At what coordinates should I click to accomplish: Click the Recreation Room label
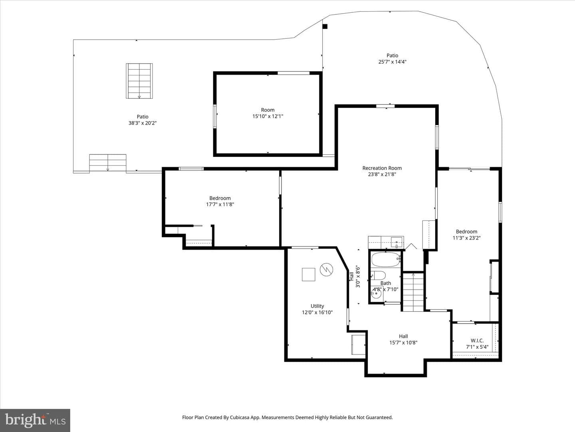click(382, 168)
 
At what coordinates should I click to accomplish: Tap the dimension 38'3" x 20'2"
click(143, 123)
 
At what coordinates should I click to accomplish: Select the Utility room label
click(317, 306)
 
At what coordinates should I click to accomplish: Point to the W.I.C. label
click(477, 341)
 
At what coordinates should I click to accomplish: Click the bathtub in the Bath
click(386, 260)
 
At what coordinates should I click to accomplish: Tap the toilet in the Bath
click(379, 276)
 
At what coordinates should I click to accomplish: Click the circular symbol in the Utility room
click(326, 269)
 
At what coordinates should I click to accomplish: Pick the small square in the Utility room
click(308, 274)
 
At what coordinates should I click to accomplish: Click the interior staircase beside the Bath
click(413, 292)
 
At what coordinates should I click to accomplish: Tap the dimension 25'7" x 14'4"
click(393, 62)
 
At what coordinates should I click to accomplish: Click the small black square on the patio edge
click(325, 26)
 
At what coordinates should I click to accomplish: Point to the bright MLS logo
click(35, 420)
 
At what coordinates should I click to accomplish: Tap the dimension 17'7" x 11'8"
click(220, 204)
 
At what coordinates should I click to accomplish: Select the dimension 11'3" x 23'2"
click(466, 238)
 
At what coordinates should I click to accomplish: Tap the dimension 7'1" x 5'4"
click(477, 347)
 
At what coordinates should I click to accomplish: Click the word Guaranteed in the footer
click(379, 417)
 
